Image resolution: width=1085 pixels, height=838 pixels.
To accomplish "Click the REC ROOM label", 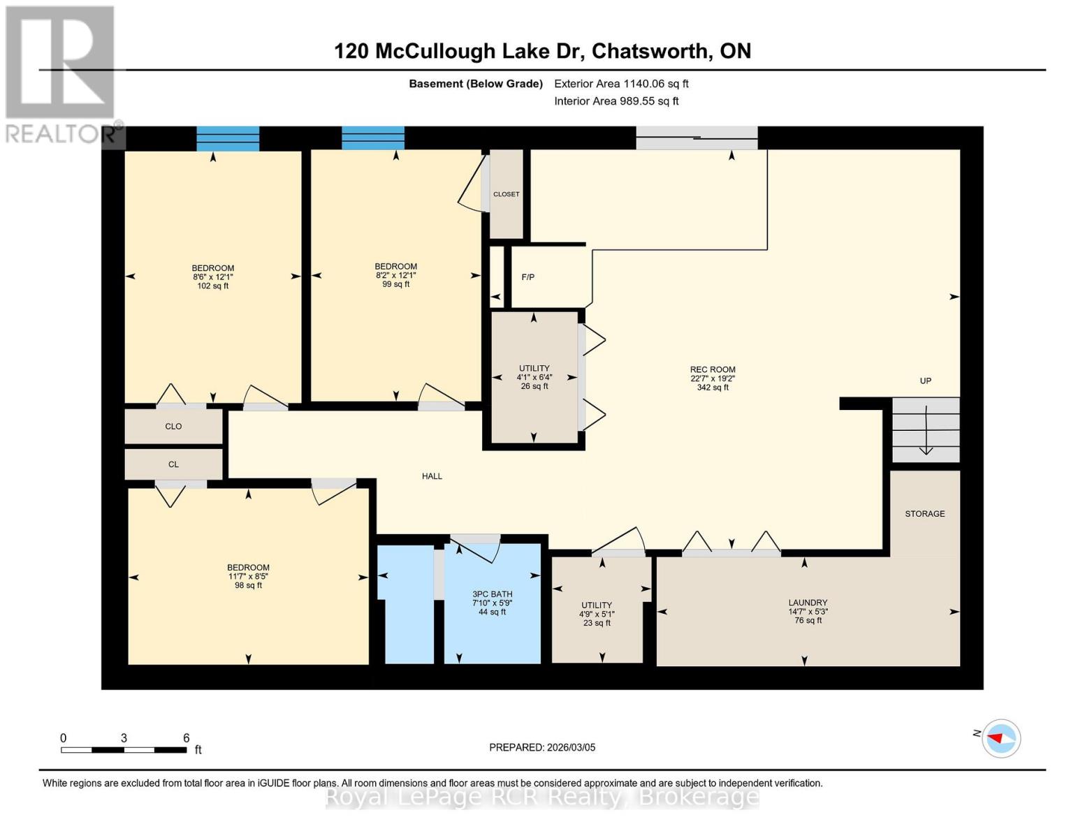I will (x=713, y=369).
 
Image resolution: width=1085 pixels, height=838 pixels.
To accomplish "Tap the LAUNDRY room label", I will (x=808, y=603).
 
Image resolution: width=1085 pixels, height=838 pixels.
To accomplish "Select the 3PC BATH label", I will (x=492, y=594).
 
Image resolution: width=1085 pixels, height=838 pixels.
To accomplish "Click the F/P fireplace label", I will (x=528, y=277).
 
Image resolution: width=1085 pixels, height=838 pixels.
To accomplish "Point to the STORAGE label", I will (x=924, y=514).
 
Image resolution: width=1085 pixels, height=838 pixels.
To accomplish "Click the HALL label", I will (x=432, y=476).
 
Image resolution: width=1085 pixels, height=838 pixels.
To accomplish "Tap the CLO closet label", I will (x=173, y=427).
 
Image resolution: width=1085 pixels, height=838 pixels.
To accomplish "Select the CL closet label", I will (x=173, y=464).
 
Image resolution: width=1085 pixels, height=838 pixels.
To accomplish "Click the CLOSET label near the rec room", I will (x=506, y=194).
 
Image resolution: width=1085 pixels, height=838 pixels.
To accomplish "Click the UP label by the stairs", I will (x=925, y=381).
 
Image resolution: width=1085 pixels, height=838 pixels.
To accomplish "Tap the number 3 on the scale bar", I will (x=124, y=738).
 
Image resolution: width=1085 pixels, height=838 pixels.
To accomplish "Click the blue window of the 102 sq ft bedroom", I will (x=228, y=138).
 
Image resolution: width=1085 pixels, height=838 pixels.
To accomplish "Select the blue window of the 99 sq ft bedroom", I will (x=373, y=138).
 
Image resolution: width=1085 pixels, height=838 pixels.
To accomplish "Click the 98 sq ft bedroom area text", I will (x=248, y=585).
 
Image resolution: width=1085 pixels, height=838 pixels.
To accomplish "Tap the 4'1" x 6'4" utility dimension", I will (x=534, y=377).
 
